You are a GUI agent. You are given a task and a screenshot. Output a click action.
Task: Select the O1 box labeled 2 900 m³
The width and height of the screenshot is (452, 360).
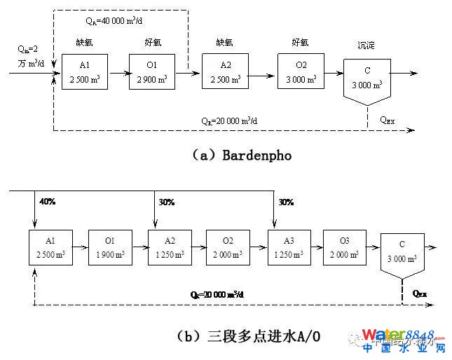pyautogui.click(x=152, y=72)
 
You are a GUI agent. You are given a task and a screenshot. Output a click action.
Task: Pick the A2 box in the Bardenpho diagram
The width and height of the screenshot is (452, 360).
pyautogui.click(x=226, y=72)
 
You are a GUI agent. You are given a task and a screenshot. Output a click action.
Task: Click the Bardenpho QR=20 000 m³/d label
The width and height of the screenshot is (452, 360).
pyautogui.click(x=229, y=120)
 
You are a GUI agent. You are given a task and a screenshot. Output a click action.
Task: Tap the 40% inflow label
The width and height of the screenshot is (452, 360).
pyautogui.click(x=48, y=203)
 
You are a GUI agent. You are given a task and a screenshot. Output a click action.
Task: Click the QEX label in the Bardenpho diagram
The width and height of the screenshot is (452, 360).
pyautogui.click(x=388, y=120)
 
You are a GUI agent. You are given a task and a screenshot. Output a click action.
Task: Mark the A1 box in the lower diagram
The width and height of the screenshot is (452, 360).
pyautogui.click(x=51, y=248)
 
